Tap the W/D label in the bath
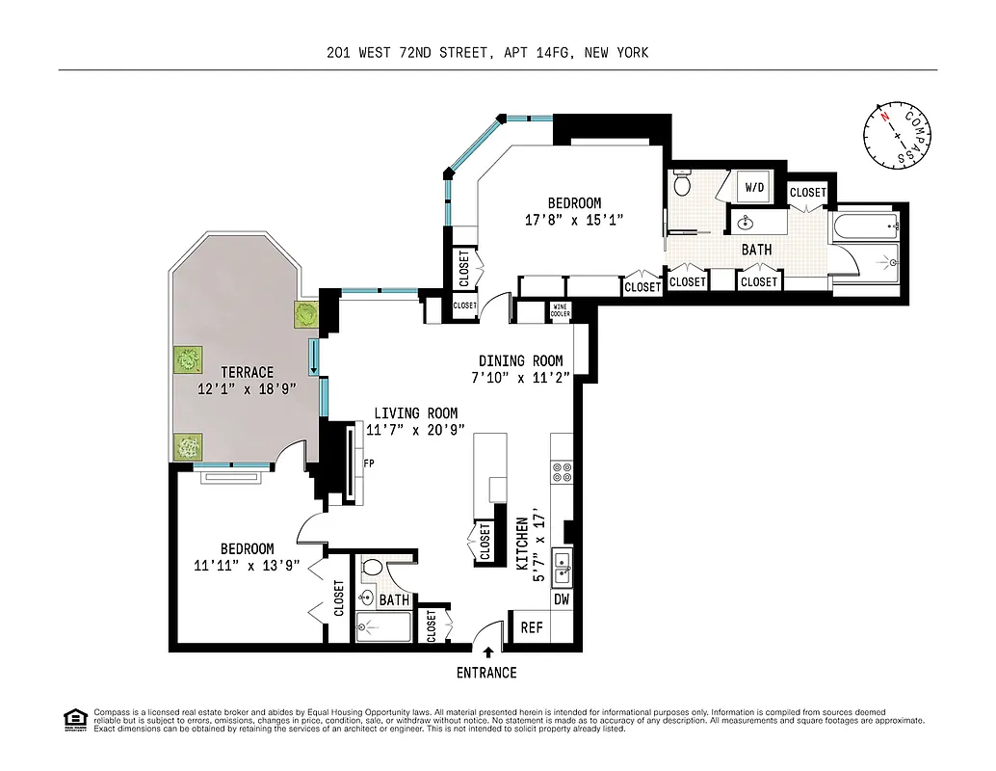751,187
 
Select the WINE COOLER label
561,311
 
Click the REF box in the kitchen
532,627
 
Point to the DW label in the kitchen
562,599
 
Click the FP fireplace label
368,463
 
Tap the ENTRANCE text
486,673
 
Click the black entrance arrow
487,654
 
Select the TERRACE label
247,372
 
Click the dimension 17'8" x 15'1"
574,220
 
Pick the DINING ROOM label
521,361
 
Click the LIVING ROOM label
416,413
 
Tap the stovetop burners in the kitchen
561,472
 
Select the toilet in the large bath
683,182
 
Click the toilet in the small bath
370,569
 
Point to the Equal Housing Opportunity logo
73,719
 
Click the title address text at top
487,53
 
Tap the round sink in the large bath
745,224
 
